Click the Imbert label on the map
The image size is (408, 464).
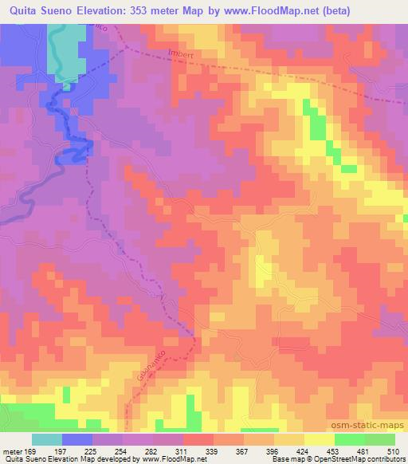pyautogui.click(x=181, y=55)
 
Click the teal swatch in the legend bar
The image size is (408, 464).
pyautogui.click(x=47, y=439)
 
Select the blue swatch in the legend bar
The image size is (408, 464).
pyautogui.click(x=77, y=439)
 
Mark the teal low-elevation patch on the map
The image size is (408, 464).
pyautogui.click(x=65, y=48)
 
